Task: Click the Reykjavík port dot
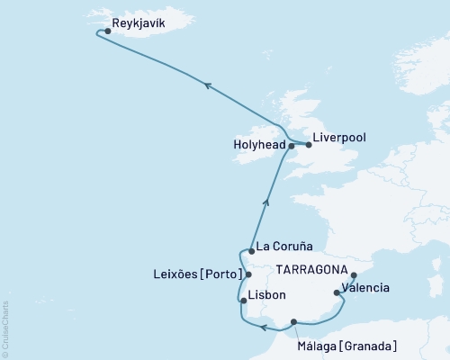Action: pos(108,31)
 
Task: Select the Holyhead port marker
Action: pos(291,145)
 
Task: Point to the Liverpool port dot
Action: pos(308,144)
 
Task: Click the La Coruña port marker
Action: pos(251,251)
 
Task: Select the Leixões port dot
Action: pos(249,274)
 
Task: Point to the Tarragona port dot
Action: pos(353,276)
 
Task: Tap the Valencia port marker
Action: pos(336,292)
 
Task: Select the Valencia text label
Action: pos(365,288)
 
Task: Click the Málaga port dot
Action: pos(293,322)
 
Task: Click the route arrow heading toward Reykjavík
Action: pos(207,85)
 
